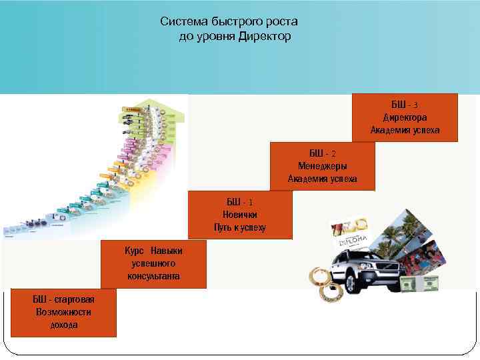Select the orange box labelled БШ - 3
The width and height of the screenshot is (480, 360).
pos(405,117)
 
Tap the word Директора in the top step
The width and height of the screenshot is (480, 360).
pos(405,117)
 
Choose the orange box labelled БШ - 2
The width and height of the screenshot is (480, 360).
pos(322,166)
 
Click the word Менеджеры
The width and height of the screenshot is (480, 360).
pos(322,166)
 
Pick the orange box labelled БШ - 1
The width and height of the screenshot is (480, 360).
pos(240,215)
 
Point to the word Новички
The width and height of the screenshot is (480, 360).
pos(240,215)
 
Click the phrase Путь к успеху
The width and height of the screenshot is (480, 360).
pos(240,227)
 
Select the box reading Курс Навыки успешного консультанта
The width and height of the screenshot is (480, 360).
pos(155,264)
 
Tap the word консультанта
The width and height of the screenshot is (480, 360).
pos(155,276)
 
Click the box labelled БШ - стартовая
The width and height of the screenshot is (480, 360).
pos(64,313)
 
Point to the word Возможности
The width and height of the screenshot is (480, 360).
pos(64,312)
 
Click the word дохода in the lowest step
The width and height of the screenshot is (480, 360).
pos(64,325)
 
